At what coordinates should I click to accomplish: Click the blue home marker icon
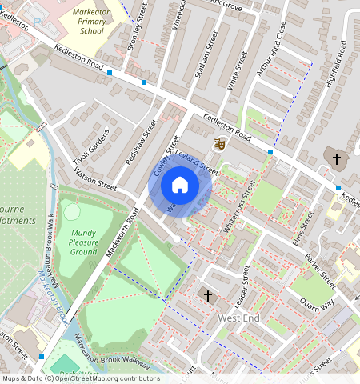pyautogui.click(x=180, y=186)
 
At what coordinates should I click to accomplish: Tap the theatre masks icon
pyautogui.click(x=218, y=143)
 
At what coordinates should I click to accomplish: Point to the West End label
pyautogui.click(x=239, y=318)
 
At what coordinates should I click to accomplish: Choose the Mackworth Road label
pyautogui.click(x=122, y=233)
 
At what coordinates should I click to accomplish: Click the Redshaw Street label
pyautogui.click(x=142, y=142)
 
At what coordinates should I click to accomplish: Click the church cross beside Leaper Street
pyautogui.click(x=208, y=296)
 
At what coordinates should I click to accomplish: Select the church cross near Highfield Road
pyautogui.click(x=336, y=158)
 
